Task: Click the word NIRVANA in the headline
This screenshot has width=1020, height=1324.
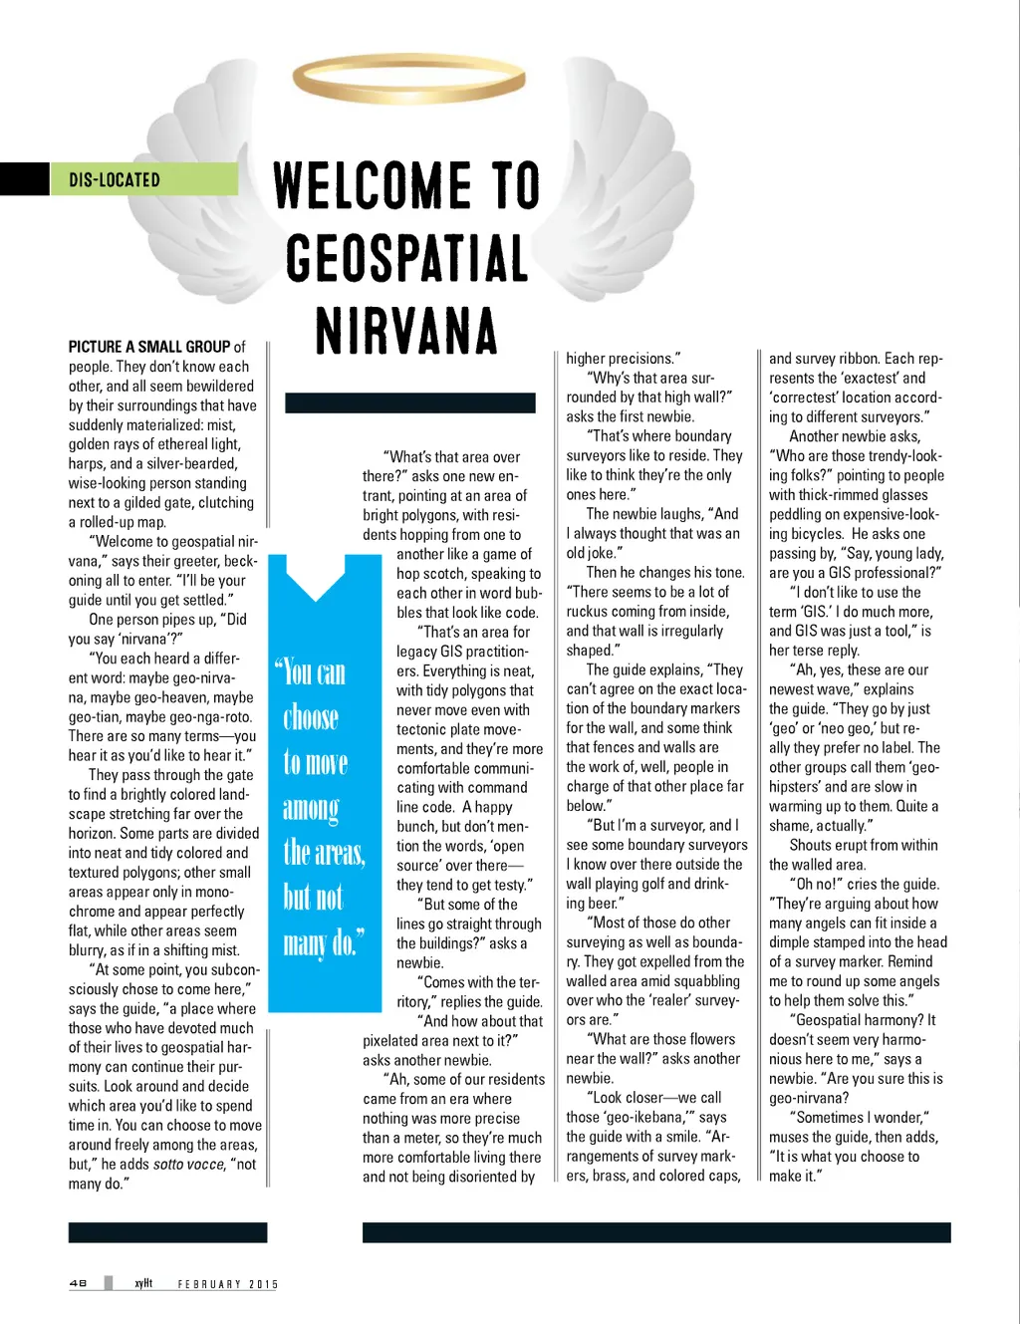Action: [x=406, y=331]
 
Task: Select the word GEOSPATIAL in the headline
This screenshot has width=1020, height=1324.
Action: [x=406, y=258]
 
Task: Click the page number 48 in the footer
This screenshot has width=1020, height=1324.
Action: [x=78, y=1283]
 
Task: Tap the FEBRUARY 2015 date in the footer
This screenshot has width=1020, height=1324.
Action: [x=227, y=1284]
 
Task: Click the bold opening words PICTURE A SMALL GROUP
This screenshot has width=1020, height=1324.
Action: [x=149, y=347]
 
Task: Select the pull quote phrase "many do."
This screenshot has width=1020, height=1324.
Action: [x=323, y=941]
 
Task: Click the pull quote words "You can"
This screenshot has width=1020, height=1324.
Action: [x=314, y=673]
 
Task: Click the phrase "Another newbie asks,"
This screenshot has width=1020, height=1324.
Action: [x=855, y=436]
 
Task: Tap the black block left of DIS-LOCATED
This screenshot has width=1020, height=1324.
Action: [x=24, y=179]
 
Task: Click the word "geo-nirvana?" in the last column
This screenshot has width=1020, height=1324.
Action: [x=809, y=1098]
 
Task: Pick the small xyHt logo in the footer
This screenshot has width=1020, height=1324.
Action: [x=143, y=1283]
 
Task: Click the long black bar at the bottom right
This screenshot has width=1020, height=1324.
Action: [x=656, y=1232]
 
